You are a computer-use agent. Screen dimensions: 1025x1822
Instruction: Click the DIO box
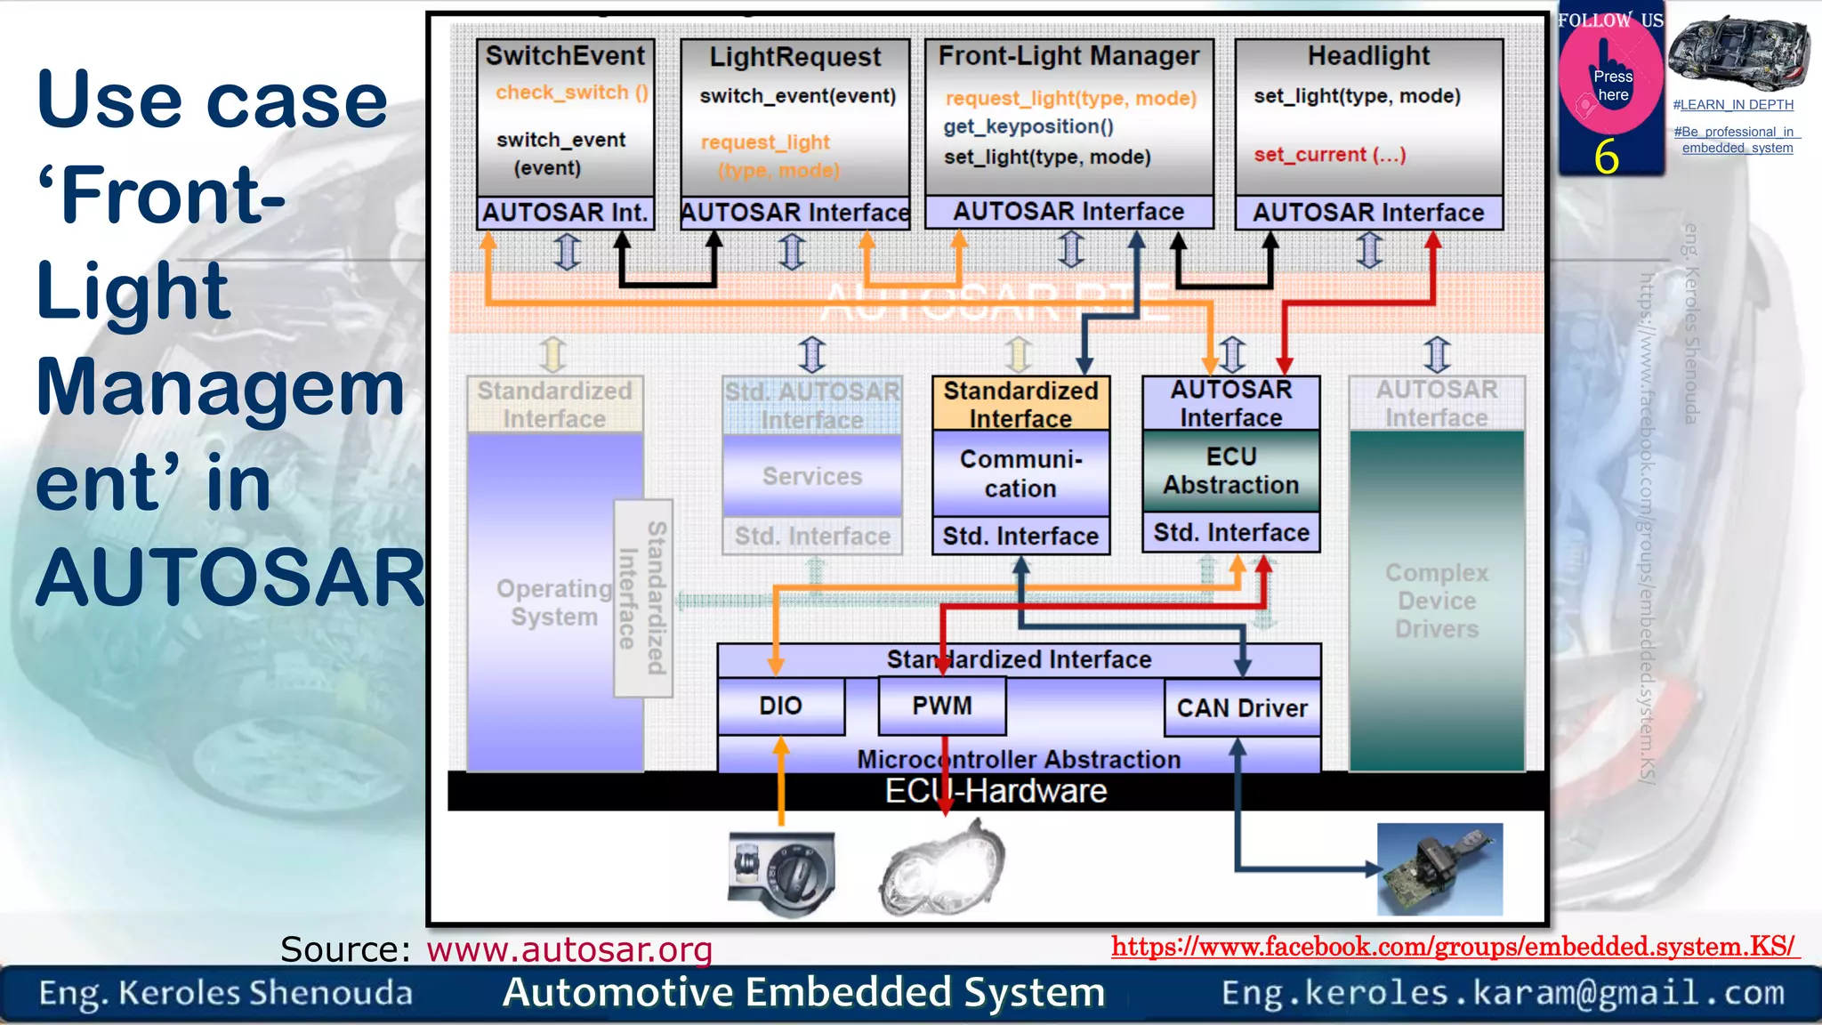tap(780, 706)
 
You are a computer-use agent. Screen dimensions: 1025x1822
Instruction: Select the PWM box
tap(942, 706)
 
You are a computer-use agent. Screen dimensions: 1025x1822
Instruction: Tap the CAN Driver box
tap(1242, 708)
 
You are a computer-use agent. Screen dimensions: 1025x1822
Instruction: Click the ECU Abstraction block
tap(1230, 471)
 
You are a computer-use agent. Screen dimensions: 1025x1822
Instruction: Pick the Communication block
tap(1020, 473)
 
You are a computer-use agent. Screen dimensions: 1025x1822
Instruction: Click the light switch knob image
tap(782, 874)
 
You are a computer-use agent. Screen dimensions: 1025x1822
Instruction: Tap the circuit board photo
tap(1439, 869)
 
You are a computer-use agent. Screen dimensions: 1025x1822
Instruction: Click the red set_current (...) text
tap(1329, 155)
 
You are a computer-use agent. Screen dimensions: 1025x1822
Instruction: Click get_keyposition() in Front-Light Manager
tap(1028, 127)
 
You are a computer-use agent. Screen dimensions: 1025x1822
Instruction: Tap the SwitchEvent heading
tap(565, 56)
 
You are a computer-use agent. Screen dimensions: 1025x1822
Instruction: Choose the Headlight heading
tap(1368, 56)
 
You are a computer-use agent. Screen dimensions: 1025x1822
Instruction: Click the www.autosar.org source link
tap(569, 950)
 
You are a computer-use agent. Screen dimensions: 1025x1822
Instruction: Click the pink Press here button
tap(1611, 81)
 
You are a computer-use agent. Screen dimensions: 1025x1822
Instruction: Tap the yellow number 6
tap(1606, 157)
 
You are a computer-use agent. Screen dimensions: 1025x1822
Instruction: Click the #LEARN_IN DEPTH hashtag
tap(1732, 105)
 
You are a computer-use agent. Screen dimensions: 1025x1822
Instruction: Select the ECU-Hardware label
tap(995, 791)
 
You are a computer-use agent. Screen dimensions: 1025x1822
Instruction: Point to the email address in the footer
tap(1503, 993)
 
